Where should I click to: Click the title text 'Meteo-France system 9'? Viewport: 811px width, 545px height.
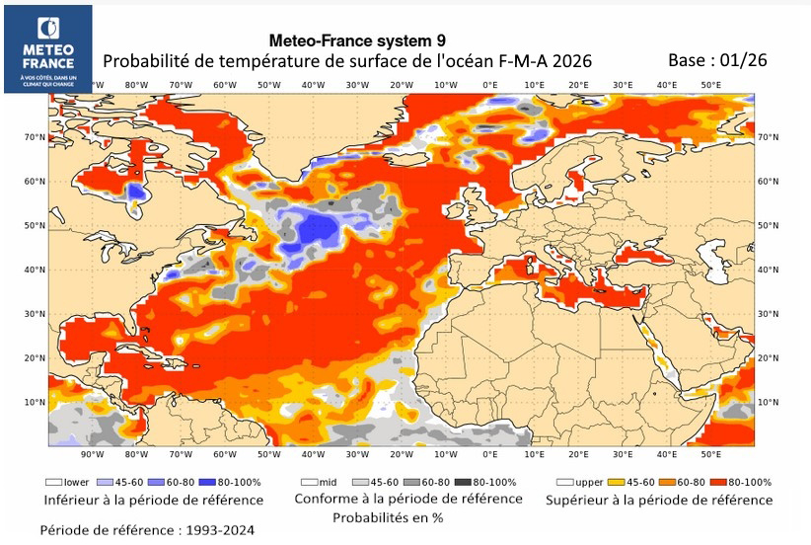pyautogui.click(x=357, y=40)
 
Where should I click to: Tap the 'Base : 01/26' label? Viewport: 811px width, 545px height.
pyautogui.click(x=717, y=59)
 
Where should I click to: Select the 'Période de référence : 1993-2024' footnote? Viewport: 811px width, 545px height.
pyautogui.click(x=147, y=530)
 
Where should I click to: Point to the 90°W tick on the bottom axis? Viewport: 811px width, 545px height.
pyautogui.click(x=93, y=455)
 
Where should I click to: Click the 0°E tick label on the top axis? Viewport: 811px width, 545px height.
pyautogui.click(x=489, y=85)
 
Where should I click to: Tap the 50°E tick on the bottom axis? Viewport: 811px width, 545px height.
pyautogui.click(x=711, y=455)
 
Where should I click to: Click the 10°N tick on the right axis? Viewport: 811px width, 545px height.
pyautogui.click(x=767, y=403)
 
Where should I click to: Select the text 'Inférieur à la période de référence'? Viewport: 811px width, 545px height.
pyautogui.click(x=140, y=500)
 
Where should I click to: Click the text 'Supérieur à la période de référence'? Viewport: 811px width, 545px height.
pyautogui.click(x=660, y=500)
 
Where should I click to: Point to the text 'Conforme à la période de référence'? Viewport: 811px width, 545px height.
pyautogui.click(x=407, y=499)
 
